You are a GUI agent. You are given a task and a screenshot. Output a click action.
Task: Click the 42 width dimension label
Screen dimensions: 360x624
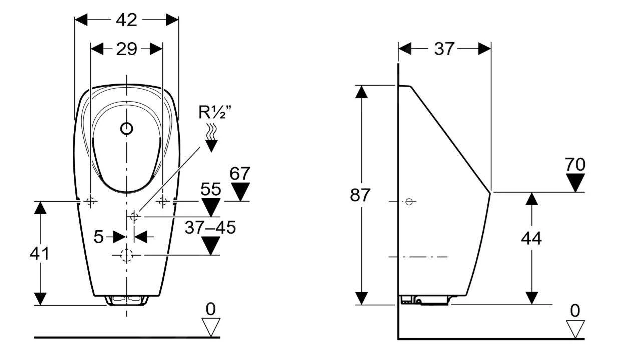click(126, 20)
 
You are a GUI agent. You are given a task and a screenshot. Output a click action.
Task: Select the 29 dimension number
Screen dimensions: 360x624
click(126, 49)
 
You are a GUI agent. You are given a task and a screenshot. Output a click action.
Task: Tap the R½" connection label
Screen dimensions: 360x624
click(215, 113)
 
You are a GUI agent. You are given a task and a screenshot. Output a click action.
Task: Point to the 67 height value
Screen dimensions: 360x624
click(240, 174)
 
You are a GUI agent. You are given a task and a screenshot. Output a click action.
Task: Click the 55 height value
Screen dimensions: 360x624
click(211, 189)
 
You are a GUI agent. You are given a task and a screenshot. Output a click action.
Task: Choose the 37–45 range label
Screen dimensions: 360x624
click(210, 227)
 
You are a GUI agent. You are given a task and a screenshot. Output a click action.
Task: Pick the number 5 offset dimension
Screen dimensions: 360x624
click(99, 237)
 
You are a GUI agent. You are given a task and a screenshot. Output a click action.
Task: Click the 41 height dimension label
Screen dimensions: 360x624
click(39, 254)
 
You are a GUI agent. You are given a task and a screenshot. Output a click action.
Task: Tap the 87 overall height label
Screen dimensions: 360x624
click(360, 195)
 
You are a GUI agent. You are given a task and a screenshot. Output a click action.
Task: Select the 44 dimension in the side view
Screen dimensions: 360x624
click(531, 239)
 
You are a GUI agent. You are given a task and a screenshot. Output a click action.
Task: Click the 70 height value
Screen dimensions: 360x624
click(575, 164)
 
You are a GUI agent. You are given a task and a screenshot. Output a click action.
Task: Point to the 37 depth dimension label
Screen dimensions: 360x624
click(444, 49)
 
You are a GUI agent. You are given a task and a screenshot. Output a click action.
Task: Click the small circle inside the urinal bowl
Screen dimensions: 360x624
click(127, 129)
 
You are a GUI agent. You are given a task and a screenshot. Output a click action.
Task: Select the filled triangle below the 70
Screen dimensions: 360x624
click(575, 182)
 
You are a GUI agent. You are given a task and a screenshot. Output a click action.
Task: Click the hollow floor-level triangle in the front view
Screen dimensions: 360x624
click(211, 327)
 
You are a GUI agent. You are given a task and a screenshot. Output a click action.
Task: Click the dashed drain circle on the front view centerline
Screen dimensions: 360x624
click(127, 255)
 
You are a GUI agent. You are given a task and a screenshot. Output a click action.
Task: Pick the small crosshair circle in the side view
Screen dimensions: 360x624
click(409, 202)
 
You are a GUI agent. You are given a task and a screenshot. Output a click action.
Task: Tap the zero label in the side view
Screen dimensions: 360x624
click(575, 311)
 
